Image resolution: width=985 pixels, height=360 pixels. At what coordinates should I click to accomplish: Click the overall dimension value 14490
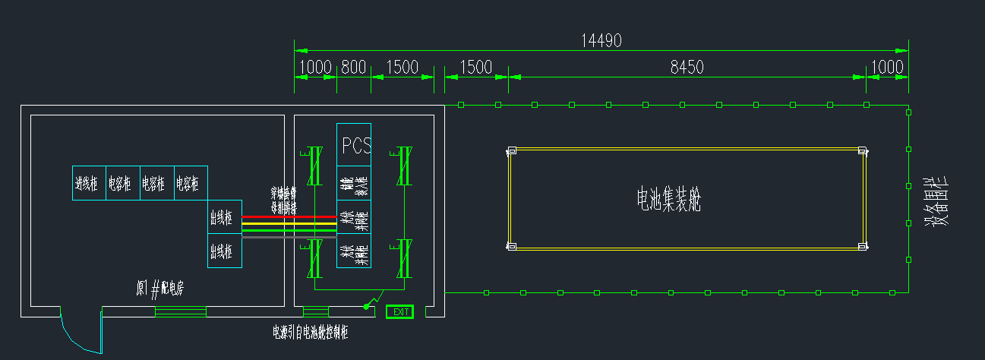[x=601, y=41]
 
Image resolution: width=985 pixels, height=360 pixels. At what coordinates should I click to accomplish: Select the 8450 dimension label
[x=687, y=68]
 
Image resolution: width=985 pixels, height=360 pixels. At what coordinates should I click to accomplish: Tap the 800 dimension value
[x=353, y=68]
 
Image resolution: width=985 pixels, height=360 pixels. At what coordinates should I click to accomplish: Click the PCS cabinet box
[x=354, y=144]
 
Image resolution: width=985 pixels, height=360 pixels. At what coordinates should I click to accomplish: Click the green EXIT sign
[x=399, y=311]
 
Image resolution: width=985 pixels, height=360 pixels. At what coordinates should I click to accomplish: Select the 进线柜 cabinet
[x=89, y=183]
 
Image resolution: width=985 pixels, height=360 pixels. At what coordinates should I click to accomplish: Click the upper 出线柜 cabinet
[x=225, y=217]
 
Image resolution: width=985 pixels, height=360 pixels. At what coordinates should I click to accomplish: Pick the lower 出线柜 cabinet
[x=225, y=251]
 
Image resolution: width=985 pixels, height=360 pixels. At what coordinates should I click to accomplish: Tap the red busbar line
[x=289, y=216]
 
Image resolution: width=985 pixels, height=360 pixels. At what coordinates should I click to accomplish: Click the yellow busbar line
[x=289, y=223]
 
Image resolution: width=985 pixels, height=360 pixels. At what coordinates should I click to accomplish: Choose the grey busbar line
[x=289, y=237]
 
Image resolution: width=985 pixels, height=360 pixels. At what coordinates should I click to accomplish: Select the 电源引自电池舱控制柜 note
[x=311, y=332]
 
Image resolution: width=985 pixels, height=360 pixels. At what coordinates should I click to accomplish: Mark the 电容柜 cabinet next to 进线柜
[x=123, y=183]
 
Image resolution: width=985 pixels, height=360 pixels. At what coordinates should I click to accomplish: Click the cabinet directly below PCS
[x=354, y=183]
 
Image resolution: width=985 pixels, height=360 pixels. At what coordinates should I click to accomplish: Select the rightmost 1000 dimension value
[x=886, y=68]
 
